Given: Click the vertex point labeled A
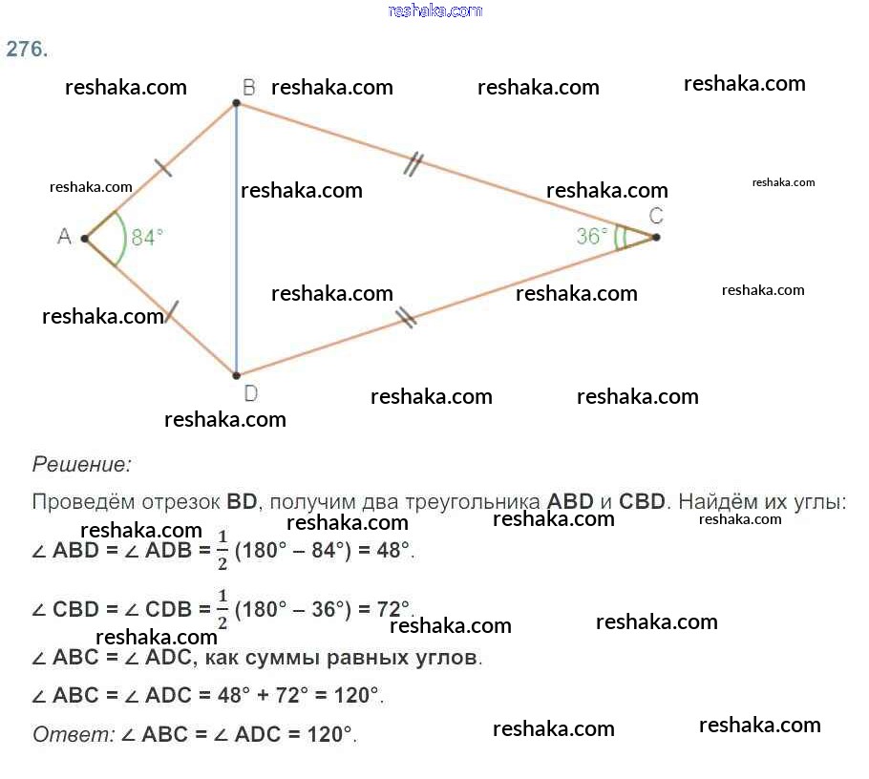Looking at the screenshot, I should click(85, 238).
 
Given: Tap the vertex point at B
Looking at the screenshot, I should click(236, 102).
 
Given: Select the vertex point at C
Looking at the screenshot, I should click(656, 237).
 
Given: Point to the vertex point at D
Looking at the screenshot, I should click(236, 374).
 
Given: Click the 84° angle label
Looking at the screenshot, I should click(147, 238).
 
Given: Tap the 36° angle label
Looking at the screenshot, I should click(592, 236).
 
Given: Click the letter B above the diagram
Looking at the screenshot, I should click(248, 88).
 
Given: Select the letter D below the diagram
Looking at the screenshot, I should click(250, 393).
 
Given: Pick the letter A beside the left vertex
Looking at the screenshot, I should click(64, 236).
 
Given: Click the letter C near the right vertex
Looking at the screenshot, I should click(656, 215).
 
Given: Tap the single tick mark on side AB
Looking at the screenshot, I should click(163, 169).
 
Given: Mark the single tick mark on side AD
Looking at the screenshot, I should click(172, 310).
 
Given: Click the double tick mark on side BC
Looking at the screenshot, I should click(413, 164).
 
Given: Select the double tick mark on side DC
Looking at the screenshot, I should click(406, 317).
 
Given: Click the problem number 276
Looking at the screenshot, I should click(27, 50).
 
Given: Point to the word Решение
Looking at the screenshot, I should click(81, 465).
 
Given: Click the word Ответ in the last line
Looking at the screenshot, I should click(72, 735).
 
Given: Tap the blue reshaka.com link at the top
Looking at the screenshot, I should click(434, 11).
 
